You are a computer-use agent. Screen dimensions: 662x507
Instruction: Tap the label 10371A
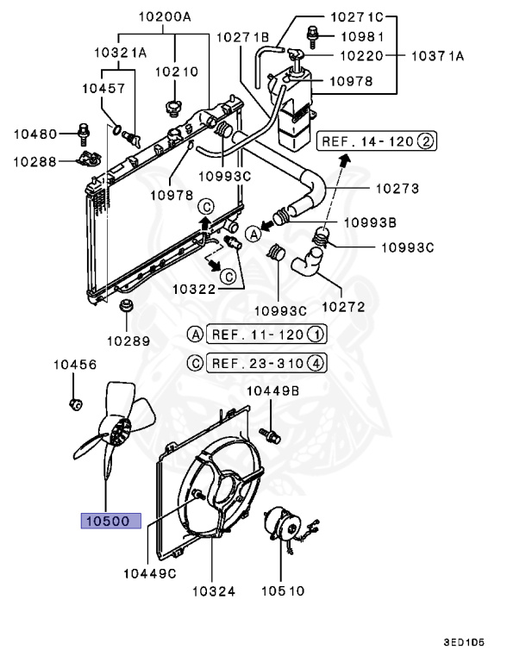[436, 56]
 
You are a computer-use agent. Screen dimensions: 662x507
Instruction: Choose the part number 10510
[281, 590]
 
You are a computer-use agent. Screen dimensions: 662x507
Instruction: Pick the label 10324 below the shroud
[213, 590]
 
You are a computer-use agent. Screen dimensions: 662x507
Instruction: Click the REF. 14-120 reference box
[378, 140]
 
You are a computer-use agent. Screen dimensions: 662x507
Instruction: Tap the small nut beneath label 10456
[75, 403]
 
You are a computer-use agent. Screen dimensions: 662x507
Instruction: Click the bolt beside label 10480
[83, 133]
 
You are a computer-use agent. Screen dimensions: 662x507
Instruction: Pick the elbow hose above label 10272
[306, 263]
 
